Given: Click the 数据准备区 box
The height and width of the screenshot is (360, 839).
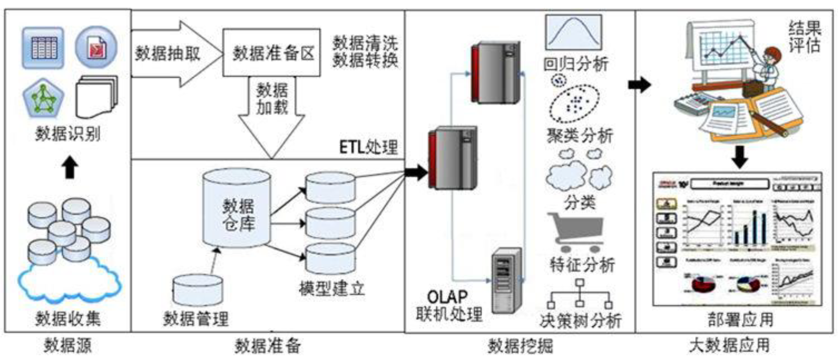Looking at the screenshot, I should [x=271, y=53].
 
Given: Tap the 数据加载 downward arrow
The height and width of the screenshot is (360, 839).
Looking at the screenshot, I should [x=272, y=114].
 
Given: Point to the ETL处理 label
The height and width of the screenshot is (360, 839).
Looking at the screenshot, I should [x=368, y=147].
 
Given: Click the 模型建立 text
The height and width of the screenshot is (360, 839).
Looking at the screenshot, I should [x=332, y=288].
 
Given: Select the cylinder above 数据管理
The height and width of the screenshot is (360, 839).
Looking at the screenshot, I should [x=198, y=290].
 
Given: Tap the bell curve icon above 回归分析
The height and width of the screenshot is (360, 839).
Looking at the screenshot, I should [x=573, y=32].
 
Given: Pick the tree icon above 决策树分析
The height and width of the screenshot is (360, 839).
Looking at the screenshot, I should [x=579, y=294].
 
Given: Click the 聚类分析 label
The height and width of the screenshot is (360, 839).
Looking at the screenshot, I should [x=580, y=136].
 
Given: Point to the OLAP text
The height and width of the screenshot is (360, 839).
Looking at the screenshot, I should [x=447, y=297].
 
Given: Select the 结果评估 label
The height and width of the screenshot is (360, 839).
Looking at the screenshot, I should [x=805, y=37].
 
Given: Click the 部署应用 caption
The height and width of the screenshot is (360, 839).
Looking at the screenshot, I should [x=740, y=319].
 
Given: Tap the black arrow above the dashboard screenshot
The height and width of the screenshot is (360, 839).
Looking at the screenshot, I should [x=739, y=156].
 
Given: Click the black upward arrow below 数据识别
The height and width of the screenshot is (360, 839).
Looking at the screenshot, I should [x=70, y=167].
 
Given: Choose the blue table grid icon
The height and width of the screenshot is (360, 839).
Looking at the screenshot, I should [x=43, y=47].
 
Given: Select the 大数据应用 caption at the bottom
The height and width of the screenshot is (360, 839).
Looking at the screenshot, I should [x=729, y=345].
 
